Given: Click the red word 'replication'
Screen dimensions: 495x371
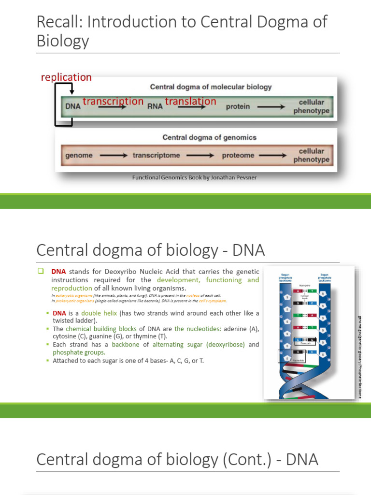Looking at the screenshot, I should point(66,77).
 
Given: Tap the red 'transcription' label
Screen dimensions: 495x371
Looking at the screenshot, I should point(113,101).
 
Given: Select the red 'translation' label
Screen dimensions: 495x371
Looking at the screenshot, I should point(190,101).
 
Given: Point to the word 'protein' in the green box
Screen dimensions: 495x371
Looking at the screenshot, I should point(238,107).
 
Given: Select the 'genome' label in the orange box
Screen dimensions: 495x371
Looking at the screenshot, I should point(79,156).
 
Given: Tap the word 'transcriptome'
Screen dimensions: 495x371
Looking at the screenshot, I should point(156,156).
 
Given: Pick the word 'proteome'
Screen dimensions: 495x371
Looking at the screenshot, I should point(238,156).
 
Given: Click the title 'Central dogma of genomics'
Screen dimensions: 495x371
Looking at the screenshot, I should point(209,137).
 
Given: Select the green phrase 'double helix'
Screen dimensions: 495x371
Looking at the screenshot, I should point(98,313).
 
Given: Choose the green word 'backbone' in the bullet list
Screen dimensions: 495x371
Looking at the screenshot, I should point(129,345).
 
